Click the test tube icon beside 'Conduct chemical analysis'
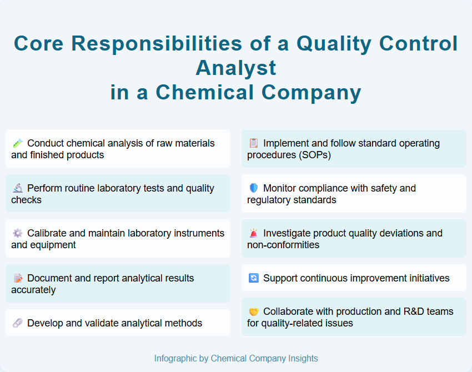(17, 143)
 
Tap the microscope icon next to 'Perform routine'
(17, 188)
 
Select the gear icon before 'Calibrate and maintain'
(17, 233)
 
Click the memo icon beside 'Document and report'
(17, 278)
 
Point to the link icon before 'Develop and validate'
(17, 323)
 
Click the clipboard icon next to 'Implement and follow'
(253, 143)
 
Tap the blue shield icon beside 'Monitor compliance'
(253, 188)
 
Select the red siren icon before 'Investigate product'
(253, 233)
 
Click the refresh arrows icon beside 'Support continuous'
(253, 278)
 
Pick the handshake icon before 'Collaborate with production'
(253, 312)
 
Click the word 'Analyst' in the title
(236, 68)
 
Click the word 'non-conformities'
(283, 245)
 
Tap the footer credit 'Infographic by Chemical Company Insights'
(236, 359)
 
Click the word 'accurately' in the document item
(33, 290)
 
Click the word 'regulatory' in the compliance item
(270, 200)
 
